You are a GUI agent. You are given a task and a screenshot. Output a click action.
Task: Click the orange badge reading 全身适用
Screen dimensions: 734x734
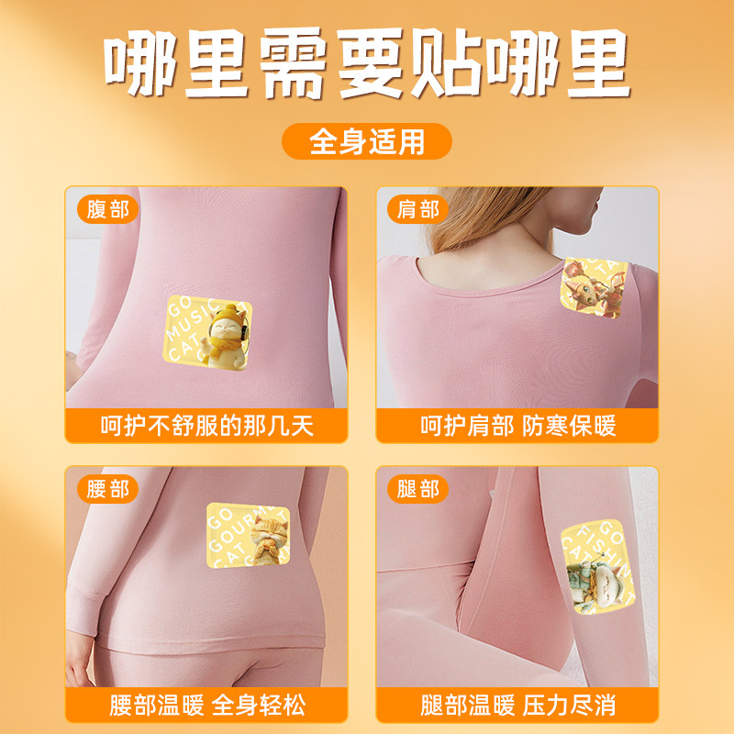coord(366,142)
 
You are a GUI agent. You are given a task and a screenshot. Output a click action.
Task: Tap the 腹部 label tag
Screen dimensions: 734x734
coord(107,209)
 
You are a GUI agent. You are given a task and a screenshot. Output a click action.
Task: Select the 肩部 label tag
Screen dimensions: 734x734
coord(418,209)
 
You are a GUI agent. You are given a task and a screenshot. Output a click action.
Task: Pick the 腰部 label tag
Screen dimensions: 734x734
coord(107,488)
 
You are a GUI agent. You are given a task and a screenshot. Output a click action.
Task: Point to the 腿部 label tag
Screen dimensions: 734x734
coord(418,488)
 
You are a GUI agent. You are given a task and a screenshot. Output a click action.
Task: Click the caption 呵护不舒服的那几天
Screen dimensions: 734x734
coord(206,426)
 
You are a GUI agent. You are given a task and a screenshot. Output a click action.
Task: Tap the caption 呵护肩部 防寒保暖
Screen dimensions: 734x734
coord(517,426)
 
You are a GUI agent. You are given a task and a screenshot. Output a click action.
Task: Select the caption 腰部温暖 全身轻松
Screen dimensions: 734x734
coord(206,705)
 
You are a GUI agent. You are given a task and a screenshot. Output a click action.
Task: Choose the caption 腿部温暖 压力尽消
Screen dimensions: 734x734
coord(517,705)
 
